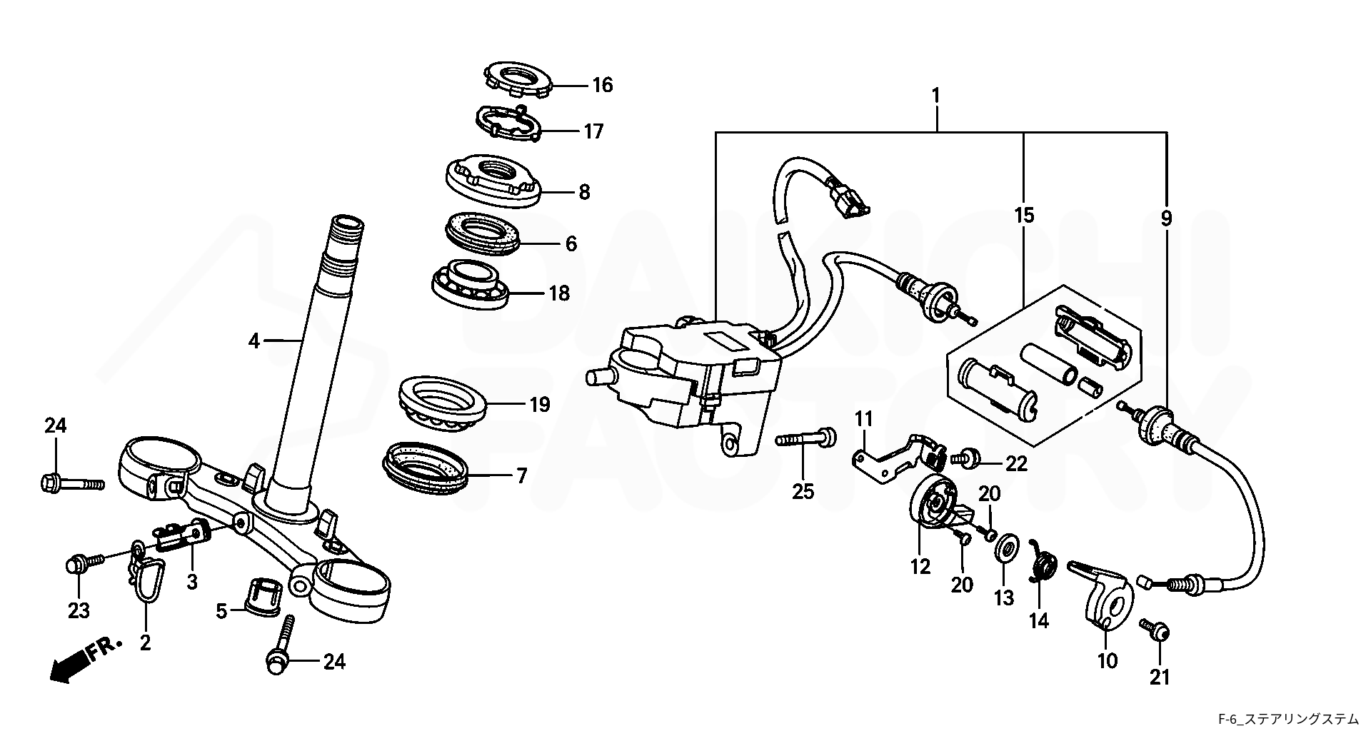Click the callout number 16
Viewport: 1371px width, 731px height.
coord(602,86)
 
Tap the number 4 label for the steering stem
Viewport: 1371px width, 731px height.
coord(254,341)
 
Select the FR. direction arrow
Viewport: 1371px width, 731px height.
coord(86,661)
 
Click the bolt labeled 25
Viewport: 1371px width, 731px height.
coord(807,438)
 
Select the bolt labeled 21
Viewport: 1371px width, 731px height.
coord(1155,629)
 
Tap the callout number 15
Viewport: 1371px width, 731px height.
coord(1024,216)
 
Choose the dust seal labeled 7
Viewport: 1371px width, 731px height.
coord(427,469)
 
